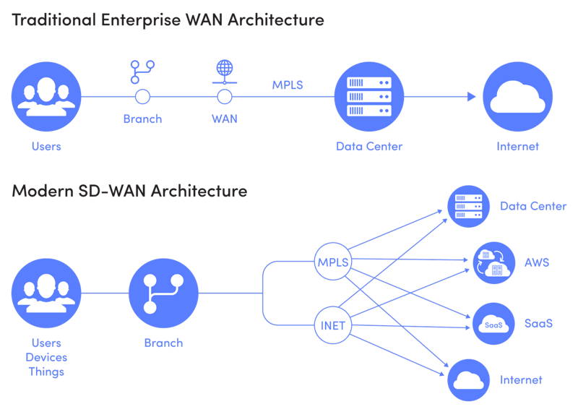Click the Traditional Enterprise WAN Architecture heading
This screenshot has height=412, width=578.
click(168, 20)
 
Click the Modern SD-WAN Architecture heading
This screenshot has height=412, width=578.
click(129, 192)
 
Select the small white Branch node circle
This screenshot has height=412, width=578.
click(142, 97)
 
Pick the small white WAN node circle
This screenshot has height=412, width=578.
click(225, 97)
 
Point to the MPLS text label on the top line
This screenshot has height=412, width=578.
click(288, 85)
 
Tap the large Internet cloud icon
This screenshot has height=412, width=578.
click(517, 97)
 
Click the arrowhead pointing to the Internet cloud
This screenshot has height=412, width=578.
click(471, 97)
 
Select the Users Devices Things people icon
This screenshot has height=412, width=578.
click(46, 293)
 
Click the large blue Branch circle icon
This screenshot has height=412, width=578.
click(163, 293)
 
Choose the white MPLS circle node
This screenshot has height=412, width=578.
click(333, 262)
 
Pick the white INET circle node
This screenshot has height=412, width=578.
click(333, 325)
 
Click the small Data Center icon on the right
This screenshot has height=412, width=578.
click(469, 206)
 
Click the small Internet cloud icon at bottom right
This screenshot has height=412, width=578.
click(469, 379)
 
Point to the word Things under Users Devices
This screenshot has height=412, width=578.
click(46, 372)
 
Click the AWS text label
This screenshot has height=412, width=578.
click(537, 263)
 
